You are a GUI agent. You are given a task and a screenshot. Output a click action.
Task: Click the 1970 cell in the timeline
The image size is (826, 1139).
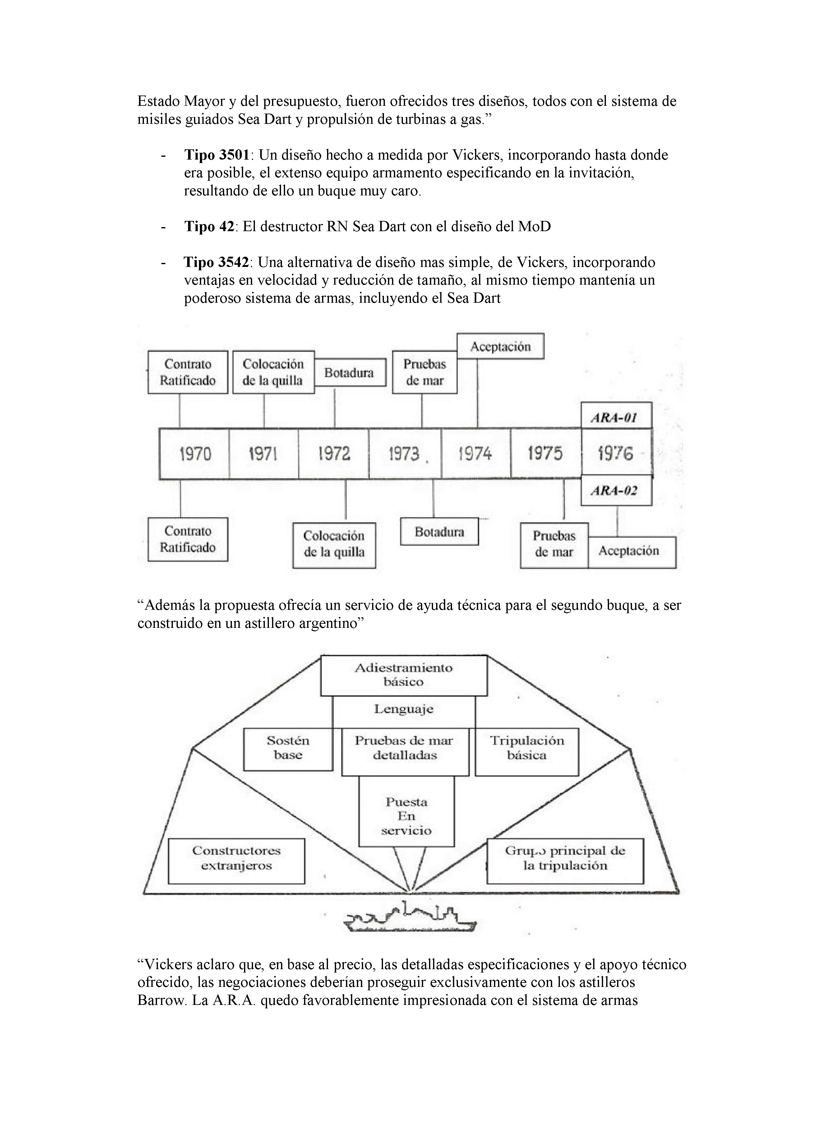tap(195, 454)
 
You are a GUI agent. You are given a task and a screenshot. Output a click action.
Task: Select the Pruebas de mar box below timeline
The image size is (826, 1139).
tap(554, 544)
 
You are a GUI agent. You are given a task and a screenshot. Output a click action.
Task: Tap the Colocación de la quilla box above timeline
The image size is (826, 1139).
tap(274, 372)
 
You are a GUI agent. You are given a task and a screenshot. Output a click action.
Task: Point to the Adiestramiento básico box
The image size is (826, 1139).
tap(404, 675)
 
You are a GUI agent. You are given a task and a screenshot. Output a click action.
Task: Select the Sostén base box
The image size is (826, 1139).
tap(288, 748)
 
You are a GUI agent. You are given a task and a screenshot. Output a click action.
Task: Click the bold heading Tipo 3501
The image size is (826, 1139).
tap(217, 155)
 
